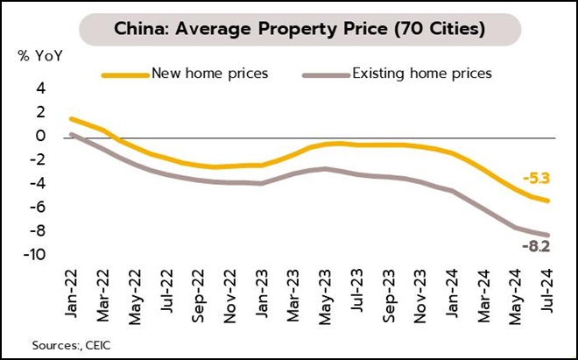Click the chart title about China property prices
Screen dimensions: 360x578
tap(289, 29)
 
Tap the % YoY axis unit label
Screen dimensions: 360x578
tap(36, 56)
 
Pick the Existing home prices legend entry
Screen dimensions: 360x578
tap(421, 74)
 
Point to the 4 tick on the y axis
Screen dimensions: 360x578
tap(40, 88)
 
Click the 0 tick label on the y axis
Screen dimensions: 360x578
tap(40, 137)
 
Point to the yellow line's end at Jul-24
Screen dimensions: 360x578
tap(548, 201)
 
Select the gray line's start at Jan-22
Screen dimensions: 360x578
tap(72, 134)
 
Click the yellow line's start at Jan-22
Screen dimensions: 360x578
tap(72, 118)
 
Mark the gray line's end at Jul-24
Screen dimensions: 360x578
tap(548, 235)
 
